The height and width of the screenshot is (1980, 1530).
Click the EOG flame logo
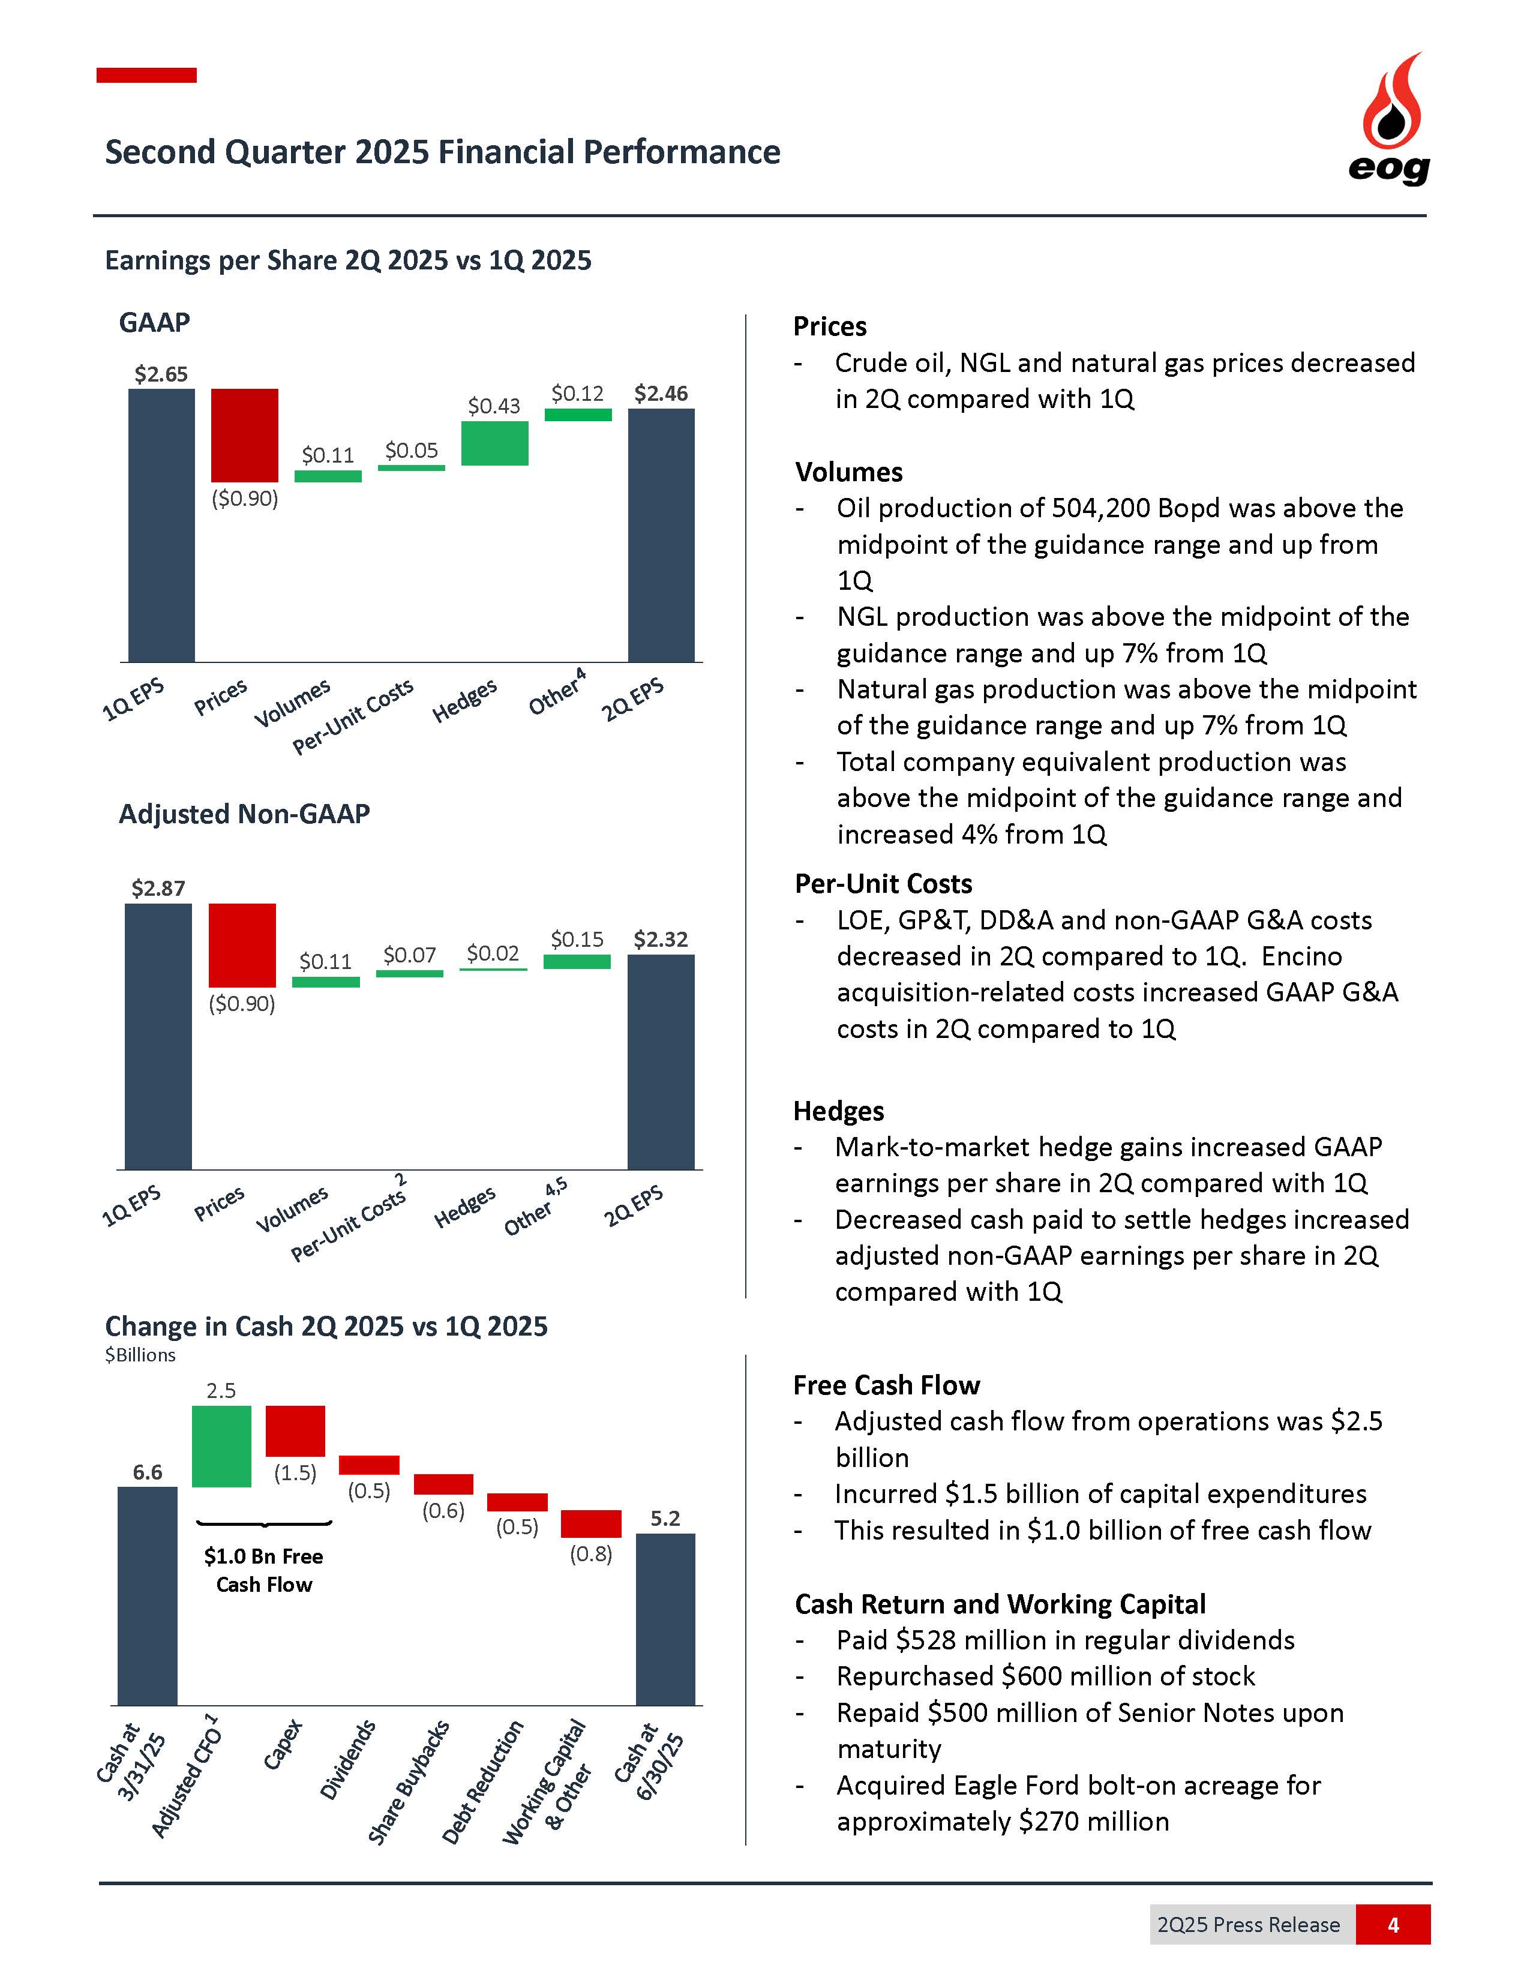coord(1390,118)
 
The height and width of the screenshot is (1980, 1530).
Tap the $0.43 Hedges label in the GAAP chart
coord(494,406)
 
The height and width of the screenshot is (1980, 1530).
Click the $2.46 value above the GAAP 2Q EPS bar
coord(661,394)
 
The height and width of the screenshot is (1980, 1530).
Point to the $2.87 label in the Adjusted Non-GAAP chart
coord(158,889)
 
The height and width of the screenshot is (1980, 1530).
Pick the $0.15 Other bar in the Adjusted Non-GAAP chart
coord(577,962)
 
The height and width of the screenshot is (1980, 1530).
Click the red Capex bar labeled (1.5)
coord(295,1430)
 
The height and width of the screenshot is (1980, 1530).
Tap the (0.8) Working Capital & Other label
coord(591,1554)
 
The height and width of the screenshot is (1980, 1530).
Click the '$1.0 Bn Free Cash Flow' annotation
coord(264,1570)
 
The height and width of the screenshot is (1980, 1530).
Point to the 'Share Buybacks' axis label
coord(408,1781)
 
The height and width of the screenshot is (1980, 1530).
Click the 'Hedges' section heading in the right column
coord(838,1111)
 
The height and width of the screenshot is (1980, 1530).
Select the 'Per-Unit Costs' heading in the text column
coord(884,884)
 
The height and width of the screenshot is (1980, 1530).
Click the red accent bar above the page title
coord(147,75)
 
